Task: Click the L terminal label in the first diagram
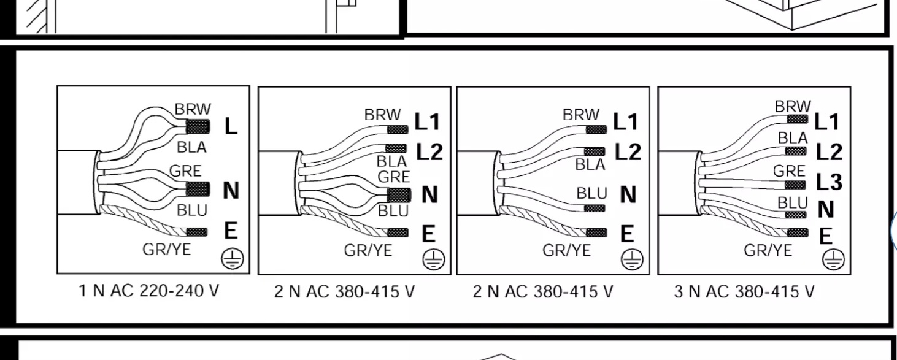[x=231, y=126]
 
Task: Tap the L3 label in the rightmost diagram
[x=829, y=182]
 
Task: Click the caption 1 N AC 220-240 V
[x=149, y=290]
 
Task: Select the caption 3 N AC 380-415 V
[x=744, y=291]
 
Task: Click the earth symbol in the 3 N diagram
[x=833, y=259]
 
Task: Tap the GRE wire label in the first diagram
[x=185, y=171]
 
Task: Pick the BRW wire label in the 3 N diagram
[x=793, y=107]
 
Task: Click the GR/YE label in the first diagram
[x=167, y=250]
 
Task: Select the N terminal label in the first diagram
[x=231, y=190]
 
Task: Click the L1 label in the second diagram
[x=427, y=121]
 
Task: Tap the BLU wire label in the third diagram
[x=591, y=193]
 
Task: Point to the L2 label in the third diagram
[x=628, y=152]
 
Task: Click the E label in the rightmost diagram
[x=826, y=236]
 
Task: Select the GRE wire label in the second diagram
[x=394, y=177]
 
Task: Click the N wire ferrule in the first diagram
[x=198, y=189]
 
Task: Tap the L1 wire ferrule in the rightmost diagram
[x=797, y=119]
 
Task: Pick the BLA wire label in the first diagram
[x=192, y=147]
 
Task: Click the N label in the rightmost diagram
[x=826, y=209]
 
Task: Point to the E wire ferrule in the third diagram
[x=596, y=232]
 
